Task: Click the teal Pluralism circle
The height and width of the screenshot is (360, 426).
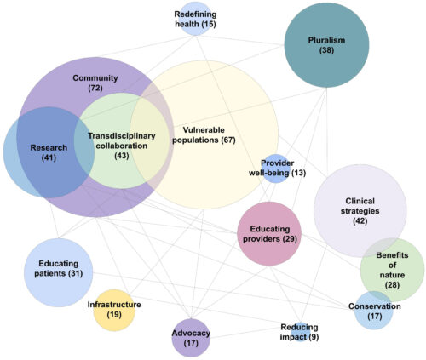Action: click(x=326, y=45)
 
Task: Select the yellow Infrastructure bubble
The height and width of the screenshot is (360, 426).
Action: click(x=114, y=311)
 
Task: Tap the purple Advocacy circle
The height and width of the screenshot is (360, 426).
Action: click(x=191, y=338)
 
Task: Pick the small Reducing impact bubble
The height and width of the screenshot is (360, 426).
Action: click(x=301, y=332)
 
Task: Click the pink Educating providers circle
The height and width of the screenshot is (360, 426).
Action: click(x=269, y=234)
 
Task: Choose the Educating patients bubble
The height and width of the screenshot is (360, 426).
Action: click(x=59, y=272)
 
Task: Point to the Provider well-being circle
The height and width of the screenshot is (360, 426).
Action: click(x=276, y=169)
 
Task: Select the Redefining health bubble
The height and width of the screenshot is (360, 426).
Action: click(x=195, y=19)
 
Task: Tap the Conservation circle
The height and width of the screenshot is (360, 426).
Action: click(x=374, y=311)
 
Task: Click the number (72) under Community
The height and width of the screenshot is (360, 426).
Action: click(x=95, y=88)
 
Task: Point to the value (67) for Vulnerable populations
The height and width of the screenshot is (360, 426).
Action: click(x=228, y=140)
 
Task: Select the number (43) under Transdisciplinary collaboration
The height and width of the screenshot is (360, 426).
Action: click(x=122, y=156)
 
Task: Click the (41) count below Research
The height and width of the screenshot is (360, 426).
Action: click(x=49, y=157)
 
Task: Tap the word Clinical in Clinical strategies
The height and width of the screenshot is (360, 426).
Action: click(x=360, y=201)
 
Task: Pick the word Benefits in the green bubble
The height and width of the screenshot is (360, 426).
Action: click(x=392, y=255)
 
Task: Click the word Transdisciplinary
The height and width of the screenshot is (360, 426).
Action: click(x=122, y=136)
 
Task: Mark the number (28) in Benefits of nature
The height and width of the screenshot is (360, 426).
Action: click(x=392, y=285)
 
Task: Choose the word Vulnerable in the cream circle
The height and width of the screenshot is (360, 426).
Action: click(x=204, y=130)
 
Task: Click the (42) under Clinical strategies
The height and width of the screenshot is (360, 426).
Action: click(x=360, y=221)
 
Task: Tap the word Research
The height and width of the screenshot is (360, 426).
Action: click(x=49, y=148)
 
